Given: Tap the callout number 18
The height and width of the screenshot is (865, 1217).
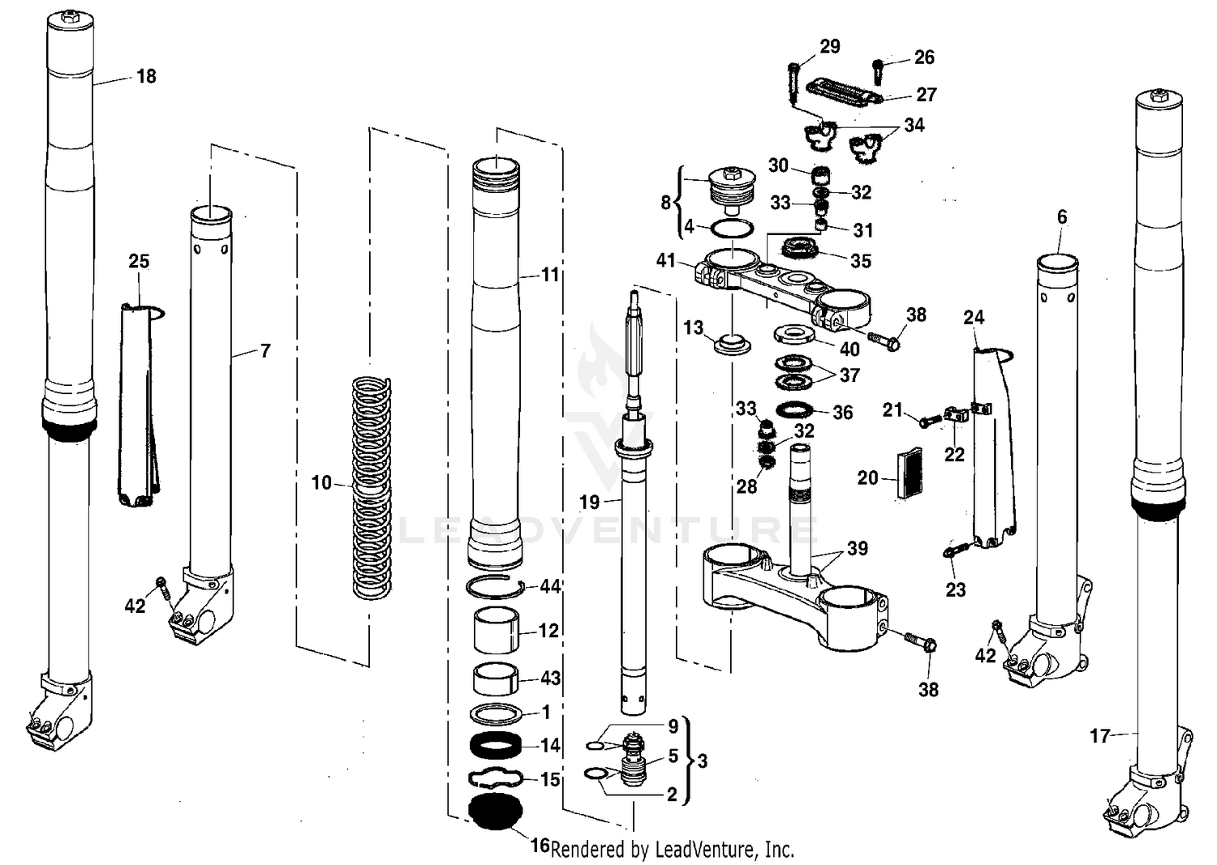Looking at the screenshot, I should [146, 76].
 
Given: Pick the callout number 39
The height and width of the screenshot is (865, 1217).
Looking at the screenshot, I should [858, 549].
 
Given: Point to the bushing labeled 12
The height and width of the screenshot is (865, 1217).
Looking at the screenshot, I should [496, 632].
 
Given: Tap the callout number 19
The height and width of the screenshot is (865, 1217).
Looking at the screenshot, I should [589, 502].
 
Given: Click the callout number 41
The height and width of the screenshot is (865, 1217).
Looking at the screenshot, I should [665, 260].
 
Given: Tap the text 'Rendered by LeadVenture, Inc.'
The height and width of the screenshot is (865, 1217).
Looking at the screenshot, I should [672, 849].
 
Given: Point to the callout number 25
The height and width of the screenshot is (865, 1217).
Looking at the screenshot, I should [139, 261].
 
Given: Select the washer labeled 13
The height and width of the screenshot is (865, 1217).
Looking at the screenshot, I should [733, 341].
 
